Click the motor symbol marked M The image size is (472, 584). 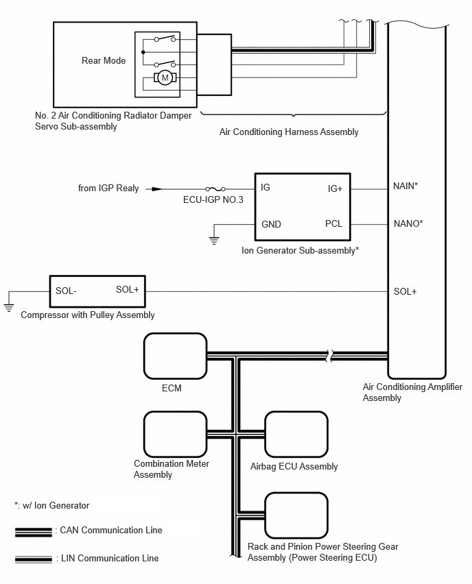point(165,78)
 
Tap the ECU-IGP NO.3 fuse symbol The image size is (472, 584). point(215,189)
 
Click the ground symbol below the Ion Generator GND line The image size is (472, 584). point(214,241)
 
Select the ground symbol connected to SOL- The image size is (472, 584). point(8,308)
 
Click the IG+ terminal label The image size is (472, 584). point(335,188)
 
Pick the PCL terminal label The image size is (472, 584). point(333,223)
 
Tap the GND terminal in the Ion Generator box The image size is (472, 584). point(271,224)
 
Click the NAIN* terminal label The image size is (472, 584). point(405,186)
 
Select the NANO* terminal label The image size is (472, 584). point(408,223)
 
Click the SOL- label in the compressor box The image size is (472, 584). point(66,291)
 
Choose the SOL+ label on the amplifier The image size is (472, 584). point(405,291)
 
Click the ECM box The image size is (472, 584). point(175,356)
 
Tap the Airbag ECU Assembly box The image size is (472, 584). point(296,435)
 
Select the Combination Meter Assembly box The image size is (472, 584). point(175,435)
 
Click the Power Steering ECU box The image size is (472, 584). point(296,515)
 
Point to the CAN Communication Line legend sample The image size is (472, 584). point(34,532)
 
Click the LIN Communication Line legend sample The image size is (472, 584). point(34,559)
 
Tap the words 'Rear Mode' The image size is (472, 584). point(104,60)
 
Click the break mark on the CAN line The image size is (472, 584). point(329,356)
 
